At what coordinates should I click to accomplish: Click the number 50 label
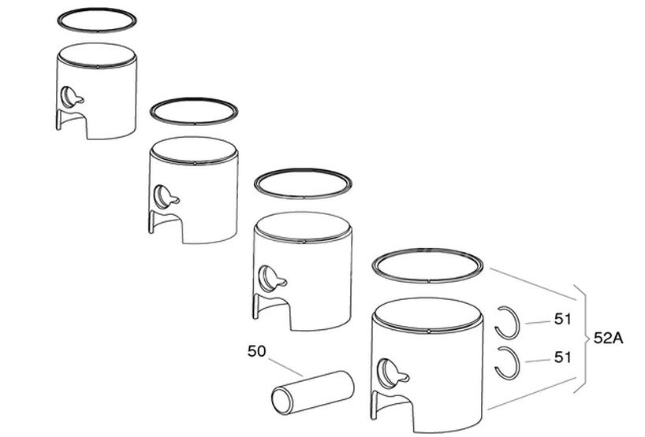click(x=257, y=352)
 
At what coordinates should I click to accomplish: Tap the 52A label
click(x=609, y=338)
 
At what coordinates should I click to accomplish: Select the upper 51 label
click(x=563, y=319)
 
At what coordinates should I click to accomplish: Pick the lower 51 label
click(x=563, y=357)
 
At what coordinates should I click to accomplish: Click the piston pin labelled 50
click(x=312, y=393)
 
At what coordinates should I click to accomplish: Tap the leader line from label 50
click(x=285, y=367)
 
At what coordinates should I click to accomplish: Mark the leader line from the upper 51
click(x=538, y=322)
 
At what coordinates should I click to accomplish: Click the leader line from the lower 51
click(x=538, y=361)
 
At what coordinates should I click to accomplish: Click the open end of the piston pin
click(x=281, y=402)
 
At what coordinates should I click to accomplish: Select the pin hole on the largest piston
click(x=387, y=373)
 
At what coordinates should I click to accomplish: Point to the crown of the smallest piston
click(x=97, y=54)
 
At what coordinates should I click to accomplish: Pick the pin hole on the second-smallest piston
click(x=164, y=197)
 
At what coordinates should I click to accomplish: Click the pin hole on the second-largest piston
click(x=269, y=279)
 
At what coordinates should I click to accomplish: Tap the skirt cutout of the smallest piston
click(x=72, y=121)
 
